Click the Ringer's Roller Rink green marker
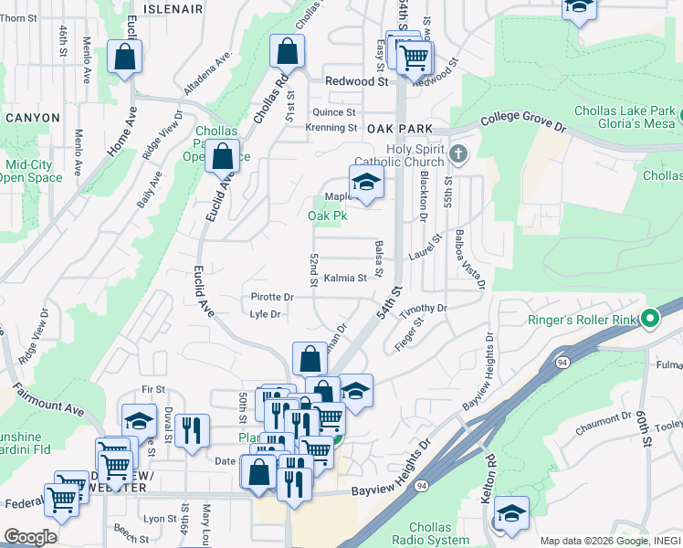[x=649, y=320]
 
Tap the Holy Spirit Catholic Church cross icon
[x=458, y=153]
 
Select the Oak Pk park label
[x=327, y=216]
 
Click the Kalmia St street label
[x=344, y=278]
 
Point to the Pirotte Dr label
[x=272, y=298]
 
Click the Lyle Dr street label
[x=264, y=314]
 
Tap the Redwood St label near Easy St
[x=357, y=81]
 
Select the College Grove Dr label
[x=523, y=120]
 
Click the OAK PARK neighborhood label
[x=399, y=130]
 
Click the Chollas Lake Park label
[x=625, y=111]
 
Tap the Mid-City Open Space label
[x=34, y=171]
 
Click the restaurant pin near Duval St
[x=192, y=431]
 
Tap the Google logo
[x=29, y=537]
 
